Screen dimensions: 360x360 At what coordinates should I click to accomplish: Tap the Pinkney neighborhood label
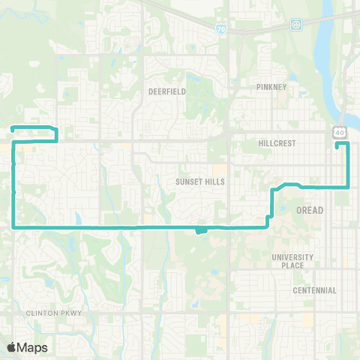click(270, 87)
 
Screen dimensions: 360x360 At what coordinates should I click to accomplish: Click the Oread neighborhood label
click(310, 210)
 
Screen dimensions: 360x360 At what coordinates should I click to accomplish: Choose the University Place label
click(292, 261)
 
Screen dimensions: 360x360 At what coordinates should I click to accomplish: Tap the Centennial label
click(315, 290)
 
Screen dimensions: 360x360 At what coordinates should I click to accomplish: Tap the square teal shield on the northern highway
click(297, 25)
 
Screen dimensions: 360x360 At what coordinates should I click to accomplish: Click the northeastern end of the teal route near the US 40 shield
click(337, 145)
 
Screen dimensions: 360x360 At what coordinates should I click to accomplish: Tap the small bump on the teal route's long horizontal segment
click(199, 230)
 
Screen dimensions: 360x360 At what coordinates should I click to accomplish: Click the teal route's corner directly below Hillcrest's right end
click(346, 185)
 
